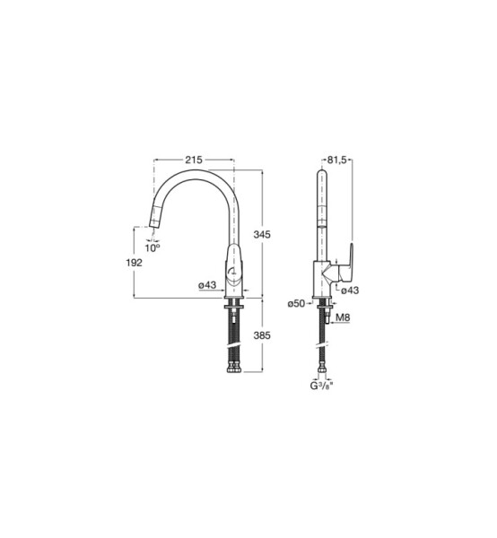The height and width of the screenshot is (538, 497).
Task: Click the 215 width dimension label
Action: pyautogui.click(x=194, y=160)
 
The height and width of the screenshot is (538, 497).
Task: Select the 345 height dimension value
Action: pyautogui.click(x=262, y=235)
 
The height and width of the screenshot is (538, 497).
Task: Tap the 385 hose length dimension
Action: pyautogui.click(x=262, y=335)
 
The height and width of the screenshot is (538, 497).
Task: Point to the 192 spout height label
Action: pyautogui.click(x=134, y=263)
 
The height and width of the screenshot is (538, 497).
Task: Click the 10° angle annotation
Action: pyautogui.click(x=153, y=247)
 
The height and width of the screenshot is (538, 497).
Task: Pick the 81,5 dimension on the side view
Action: pyautogui.click(x=337, y=160)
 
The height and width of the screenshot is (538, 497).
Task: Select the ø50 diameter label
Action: pyautogui.click(x=297, y=303)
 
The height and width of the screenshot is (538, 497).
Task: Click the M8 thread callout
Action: pyautogui.click(x=343, y=317)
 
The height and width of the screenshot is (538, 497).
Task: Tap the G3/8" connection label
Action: pyautogui.click(x=321, y=386)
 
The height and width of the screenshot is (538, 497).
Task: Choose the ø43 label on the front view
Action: pyautogui.click(x=207, y=285)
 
